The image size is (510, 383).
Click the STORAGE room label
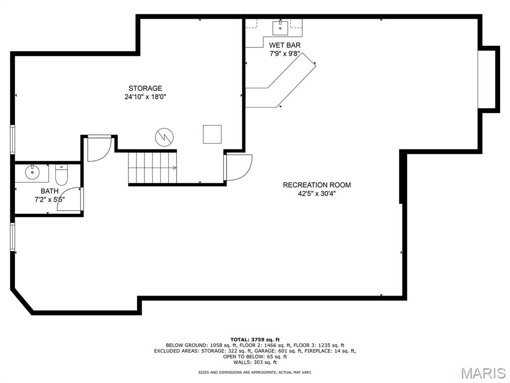[x=145, y=88]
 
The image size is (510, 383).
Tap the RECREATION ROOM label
[x=317, y=185]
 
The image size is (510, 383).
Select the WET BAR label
[x=284, y=45]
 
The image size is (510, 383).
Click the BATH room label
[x=49, y=191]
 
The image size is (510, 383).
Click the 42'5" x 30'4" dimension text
[x=317, y=194]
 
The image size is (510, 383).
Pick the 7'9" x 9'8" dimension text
[x=284, y=54]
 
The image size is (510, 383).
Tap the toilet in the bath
[x=61, y=175]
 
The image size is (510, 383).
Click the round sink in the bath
[x=32, y=173]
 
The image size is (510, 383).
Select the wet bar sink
[x=280, y=28]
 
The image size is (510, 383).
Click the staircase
[x=152, y=168]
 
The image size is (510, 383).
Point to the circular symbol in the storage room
[x=164, y=137]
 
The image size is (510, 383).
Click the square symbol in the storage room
[x=212, y=134]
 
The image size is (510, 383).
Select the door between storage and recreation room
[x=238, y=168]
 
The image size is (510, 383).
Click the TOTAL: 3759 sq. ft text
[x=255, y=340]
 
